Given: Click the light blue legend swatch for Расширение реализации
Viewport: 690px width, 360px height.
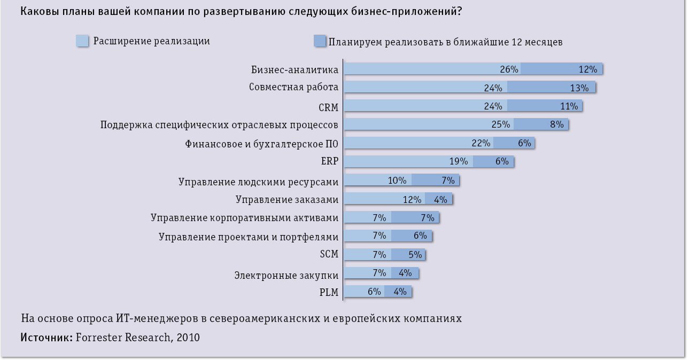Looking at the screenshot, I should point(82,41).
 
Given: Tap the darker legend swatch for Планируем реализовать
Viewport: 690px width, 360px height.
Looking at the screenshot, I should point(320,41).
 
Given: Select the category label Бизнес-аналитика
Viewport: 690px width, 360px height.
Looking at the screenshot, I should point(294,69).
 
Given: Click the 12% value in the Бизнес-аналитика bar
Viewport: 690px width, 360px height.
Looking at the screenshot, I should point(587,69).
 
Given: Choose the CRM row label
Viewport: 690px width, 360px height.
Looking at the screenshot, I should point(328,107).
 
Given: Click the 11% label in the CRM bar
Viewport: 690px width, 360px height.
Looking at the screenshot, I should point(569,106).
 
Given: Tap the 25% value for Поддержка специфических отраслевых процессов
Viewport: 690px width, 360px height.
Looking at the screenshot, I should point(501,124).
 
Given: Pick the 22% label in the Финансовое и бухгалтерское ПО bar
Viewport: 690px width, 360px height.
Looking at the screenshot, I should point(481,143).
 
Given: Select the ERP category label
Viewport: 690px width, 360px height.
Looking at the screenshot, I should point(329,161).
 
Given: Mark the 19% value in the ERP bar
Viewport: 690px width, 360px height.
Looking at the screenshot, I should point(458,161).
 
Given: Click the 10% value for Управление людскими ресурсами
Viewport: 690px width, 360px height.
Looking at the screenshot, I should point(397,180).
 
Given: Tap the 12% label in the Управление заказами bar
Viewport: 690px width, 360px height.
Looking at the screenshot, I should point(412,199).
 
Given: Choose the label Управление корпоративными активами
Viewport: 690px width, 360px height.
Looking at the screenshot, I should point(244,217).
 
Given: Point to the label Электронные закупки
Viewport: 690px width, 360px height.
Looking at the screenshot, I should point(286,276).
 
